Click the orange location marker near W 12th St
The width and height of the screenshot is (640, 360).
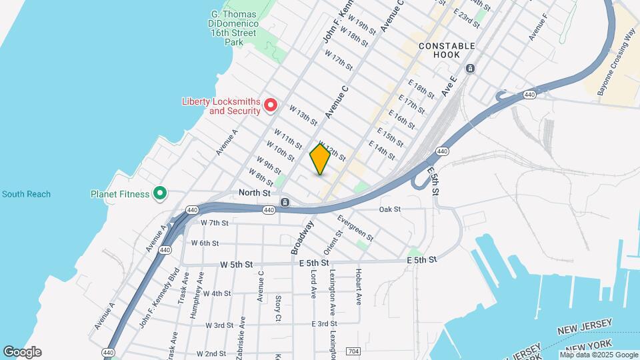click(x=320, y=159)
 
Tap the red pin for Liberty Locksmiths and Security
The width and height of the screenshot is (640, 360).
click(x=271, y=105)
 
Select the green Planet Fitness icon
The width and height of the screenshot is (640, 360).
click(x=159, y=194)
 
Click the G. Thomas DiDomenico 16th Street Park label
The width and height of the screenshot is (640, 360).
click(x=235, y=27)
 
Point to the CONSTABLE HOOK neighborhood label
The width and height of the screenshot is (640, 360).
click(x=447, y=50)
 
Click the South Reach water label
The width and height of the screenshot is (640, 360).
click(x=26, y=194)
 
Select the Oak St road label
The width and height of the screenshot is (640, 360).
click(x=389, y=209)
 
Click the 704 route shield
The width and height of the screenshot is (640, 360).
click(x=354, y=351)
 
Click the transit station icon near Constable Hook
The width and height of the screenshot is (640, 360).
click(x=470, y=69)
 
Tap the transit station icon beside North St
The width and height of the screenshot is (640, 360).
click(x=285, y=202)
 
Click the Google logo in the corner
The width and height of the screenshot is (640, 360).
click(x=22, y=352)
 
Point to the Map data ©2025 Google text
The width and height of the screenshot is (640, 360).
click(x=599, y=355)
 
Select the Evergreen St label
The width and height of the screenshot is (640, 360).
click(x=355, y=227)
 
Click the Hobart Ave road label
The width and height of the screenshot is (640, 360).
click(x=358, y=287)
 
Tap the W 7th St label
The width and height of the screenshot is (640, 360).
click(x=214, y=223)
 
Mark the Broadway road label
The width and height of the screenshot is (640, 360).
click(x=301, y=238)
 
